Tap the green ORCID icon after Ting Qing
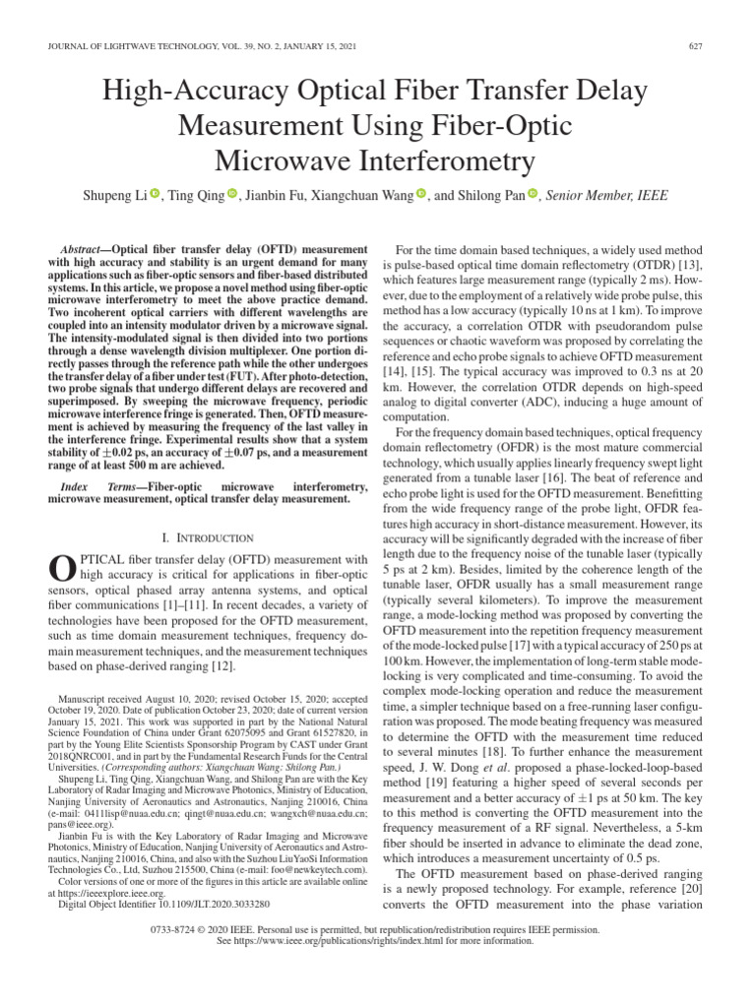(x=232, y=195)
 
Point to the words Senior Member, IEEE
(x=606, y=196)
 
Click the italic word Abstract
(x=83, y=251)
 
